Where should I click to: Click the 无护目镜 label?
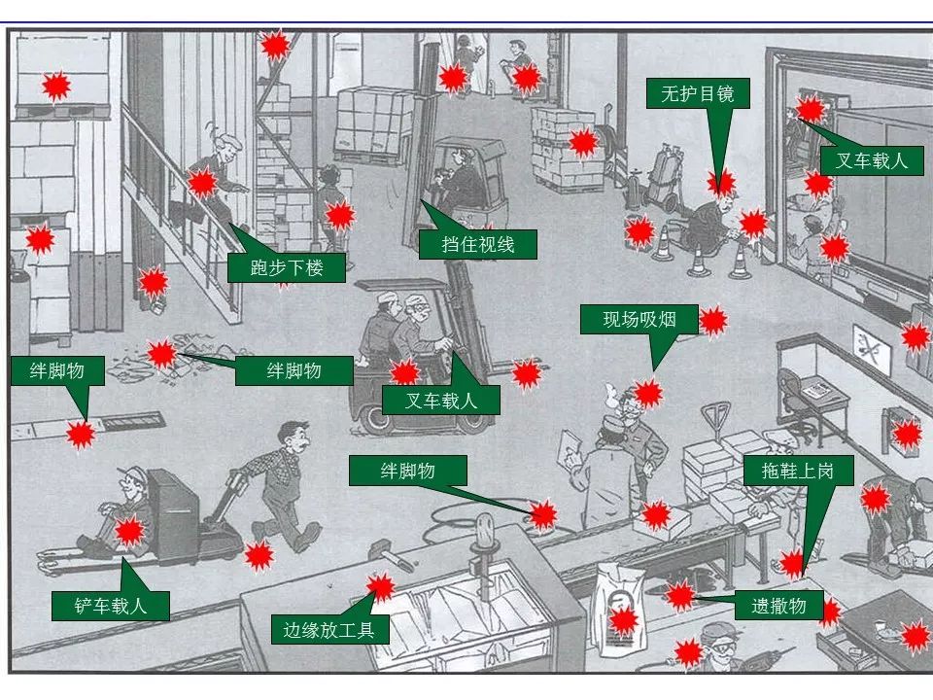tap(697, 94)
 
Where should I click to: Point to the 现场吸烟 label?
tap(638, 320)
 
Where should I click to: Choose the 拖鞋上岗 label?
tap(799, 472)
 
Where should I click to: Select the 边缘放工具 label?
tap(329, 630)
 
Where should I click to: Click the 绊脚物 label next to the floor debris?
tap(294, 369)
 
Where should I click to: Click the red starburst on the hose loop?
tap(542, 515)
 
